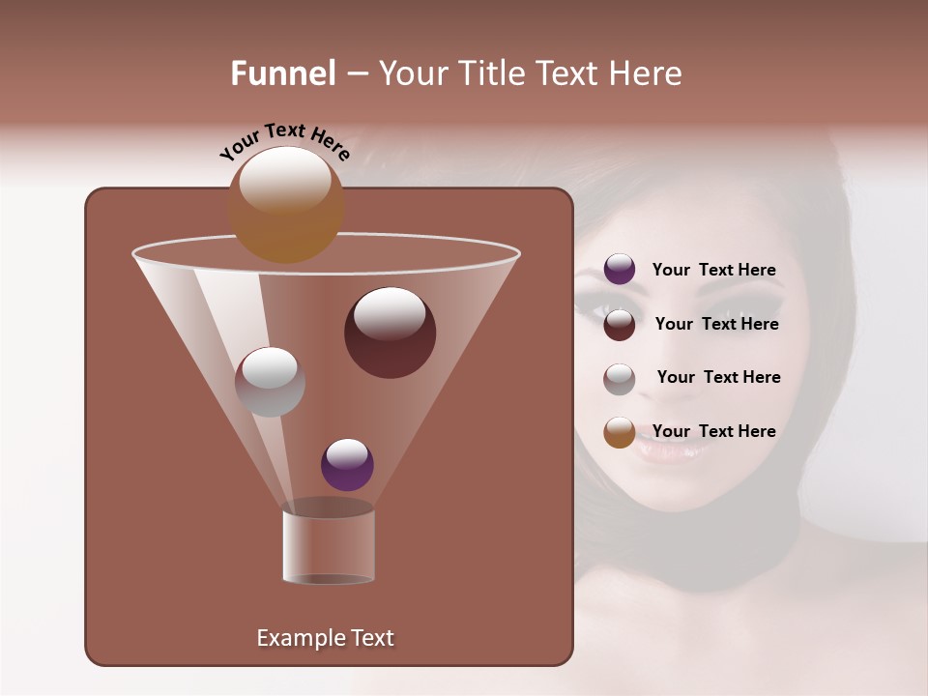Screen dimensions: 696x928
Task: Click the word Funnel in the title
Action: click(x=282, y=73)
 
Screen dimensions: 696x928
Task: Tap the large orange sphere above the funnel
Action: click(x=286, y=205)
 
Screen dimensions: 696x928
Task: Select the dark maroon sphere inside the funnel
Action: click(x=390, y=333)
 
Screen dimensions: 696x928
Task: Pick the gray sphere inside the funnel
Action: click(x=270, y=382)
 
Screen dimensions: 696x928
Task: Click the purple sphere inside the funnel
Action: click(x=347, y=465)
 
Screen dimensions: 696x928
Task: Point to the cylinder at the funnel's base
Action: click(x=329, y=547)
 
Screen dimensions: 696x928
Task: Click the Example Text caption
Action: click(x=325, y=638)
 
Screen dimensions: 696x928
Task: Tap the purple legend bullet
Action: click(x=620, y=270)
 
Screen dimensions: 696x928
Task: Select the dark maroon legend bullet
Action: click(x=620, y=325)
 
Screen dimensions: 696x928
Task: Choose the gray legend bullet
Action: click(x=620, y=379)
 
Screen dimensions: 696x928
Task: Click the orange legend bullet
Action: click(x=620, y=432)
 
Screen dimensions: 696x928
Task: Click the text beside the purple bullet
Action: click(x=713, y=271)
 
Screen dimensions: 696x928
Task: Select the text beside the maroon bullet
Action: click(x=716, y=325)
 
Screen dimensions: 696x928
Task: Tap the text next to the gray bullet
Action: click(x=718, y=378)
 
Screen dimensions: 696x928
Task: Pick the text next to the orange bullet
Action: click(x=713, y=432)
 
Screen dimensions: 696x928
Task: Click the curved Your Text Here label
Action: click(x=284, y=141)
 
